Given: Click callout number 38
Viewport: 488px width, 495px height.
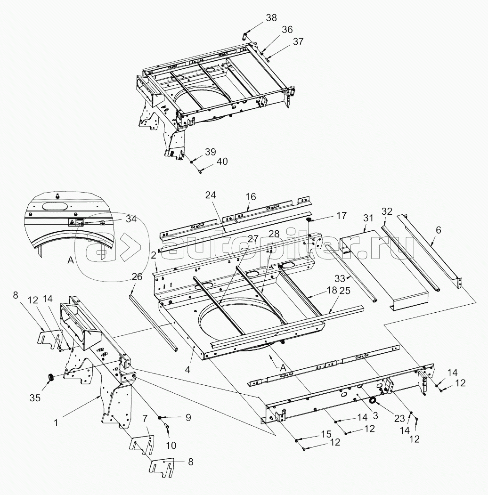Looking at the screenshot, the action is [271, 18].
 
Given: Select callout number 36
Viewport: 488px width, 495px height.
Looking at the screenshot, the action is [287, 29].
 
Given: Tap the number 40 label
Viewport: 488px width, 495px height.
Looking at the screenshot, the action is [222, 162].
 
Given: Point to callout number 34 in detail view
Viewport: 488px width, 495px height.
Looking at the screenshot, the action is [130, 219].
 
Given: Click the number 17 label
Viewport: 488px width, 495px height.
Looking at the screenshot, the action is [342, 215].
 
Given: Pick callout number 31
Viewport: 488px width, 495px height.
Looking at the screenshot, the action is [368, 218].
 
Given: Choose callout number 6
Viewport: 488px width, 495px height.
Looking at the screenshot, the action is [439, 230].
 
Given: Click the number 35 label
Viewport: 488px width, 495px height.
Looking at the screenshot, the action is [35, 398].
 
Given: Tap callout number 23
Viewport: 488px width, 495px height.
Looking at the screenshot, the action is [399, 419].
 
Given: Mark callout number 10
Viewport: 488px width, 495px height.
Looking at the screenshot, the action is [171, 446].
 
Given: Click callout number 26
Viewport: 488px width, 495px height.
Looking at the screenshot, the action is [138, 276].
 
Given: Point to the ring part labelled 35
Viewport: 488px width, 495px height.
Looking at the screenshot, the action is [50, 377].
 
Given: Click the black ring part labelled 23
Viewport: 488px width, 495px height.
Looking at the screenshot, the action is [373, 401].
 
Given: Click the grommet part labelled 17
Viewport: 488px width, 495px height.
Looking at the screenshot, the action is [309, 219].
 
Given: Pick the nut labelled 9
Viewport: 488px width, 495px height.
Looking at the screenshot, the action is [161, 418].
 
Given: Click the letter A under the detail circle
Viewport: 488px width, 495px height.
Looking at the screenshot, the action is [71, 260].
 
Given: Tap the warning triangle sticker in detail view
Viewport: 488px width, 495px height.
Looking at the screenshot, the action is [72, 223].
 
